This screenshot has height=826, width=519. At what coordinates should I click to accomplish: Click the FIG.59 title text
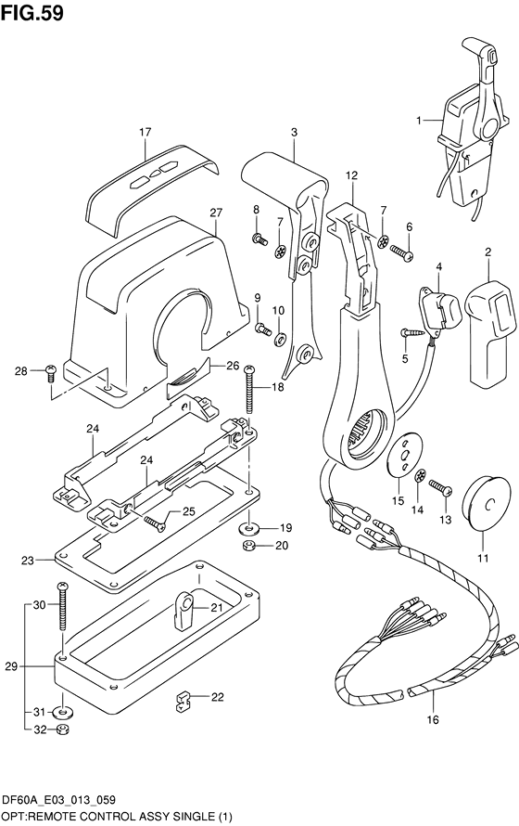(32, 13)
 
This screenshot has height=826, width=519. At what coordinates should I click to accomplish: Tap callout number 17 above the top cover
(146, 132)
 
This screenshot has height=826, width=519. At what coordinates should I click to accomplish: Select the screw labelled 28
(50, 372)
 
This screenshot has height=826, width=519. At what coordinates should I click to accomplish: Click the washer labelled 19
(250, 527)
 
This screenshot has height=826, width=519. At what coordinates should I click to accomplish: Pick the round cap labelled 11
(486, 503)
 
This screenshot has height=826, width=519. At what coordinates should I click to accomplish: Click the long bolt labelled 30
(63, 606)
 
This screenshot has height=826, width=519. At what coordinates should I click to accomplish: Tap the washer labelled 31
(63, 713)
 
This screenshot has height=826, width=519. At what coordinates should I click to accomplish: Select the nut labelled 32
(64, 730)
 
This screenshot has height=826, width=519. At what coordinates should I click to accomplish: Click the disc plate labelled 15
(404, 456)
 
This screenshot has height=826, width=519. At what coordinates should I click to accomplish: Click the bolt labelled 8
(259, 239)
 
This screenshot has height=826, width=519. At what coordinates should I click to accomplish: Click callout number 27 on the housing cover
(216, 213)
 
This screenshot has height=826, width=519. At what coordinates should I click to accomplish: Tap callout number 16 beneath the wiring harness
(432, 719)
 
